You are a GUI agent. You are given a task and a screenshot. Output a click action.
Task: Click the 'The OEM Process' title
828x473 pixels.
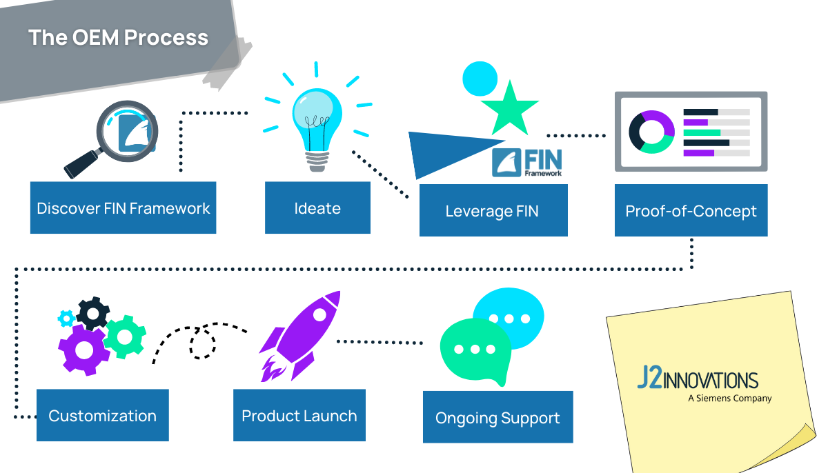[x=118, y=37]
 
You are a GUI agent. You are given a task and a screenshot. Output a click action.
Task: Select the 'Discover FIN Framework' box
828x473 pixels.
[x=123, y=208]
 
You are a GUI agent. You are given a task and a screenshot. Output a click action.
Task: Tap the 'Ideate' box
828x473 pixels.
[x=317, y=208]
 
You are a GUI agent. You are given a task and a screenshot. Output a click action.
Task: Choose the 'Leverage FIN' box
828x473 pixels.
[x=493, y=210]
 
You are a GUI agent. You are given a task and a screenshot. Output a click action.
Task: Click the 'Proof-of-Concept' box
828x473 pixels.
[x=691, y=210]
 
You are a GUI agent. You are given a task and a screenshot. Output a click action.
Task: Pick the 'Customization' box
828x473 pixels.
[x=102, y=416]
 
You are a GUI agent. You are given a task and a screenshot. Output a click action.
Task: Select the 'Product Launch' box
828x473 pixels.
[x=299, y=416]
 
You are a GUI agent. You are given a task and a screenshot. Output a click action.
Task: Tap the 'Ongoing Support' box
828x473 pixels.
[x=497, y=418]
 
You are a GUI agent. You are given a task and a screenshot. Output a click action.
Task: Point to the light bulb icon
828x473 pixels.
[x=317, y=124]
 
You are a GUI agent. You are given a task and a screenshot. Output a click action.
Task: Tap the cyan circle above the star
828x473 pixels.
[x=480, y=79]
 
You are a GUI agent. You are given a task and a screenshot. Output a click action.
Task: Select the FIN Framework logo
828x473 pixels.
[x=527, y=163]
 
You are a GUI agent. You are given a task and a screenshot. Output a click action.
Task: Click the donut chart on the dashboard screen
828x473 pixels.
[x=651, y=132]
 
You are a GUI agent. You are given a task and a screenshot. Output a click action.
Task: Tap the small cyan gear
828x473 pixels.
[x=67, y=318]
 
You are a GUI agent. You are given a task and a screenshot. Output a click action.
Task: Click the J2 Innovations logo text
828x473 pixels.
[x=697, y=380]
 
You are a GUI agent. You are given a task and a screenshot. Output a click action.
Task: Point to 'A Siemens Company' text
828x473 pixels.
[x=729, y=399]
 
